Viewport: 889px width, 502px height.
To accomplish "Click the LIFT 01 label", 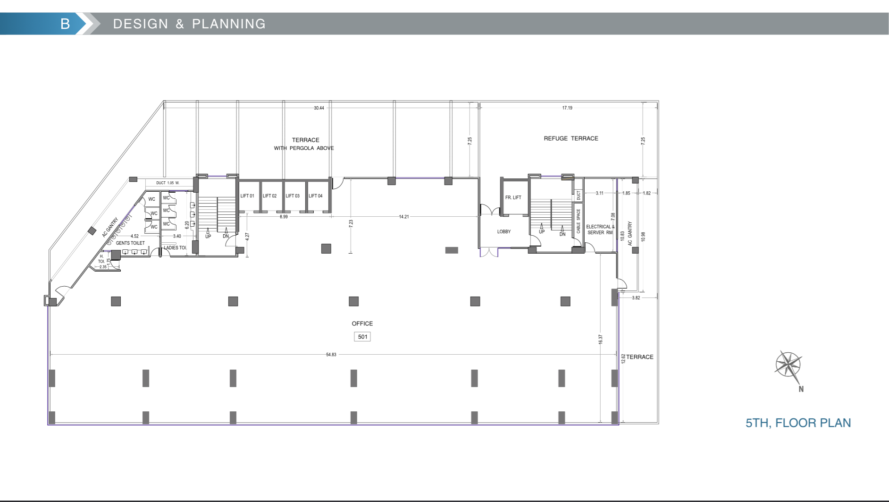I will click(x=247, y=196).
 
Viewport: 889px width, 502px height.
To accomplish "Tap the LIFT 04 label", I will click(x=316, y=196).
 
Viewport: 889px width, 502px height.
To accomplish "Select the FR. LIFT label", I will click(x=513, y=197).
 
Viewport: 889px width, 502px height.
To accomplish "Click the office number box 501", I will click(x=362, y=337).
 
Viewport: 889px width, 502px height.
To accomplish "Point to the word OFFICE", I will click(x=362, y=323).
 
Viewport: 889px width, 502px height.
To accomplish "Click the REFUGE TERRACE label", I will click(x=571, y=138).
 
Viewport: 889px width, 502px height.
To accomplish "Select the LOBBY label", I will click(x=504, y=231).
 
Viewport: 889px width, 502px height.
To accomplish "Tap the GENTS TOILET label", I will click(x=130, y=243).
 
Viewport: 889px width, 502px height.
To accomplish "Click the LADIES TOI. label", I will click(x=176, y=247).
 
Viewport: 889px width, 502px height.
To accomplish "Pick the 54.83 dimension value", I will click(x=331, y=355).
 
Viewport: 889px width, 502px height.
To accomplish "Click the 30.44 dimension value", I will click(x=319, y=108).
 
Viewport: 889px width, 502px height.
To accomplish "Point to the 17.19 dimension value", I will click(x=567, y=108).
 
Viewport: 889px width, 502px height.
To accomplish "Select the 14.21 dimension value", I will click(x=404, y=217).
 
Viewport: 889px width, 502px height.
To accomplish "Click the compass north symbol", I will click(x=788, y=365).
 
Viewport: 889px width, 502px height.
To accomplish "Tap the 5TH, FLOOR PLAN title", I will click(x=798, y=423).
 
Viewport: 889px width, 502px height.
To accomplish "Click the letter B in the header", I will click(x=65, y=24).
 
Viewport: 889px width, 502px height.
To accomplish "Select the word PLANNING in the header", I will click(x=229, y=24).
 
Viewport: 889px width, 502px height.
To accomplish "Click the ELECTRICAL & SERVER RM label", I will click(x=600, y=230).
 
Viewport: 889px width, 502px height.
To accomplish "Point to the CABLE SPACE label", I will click(x=579, y=221).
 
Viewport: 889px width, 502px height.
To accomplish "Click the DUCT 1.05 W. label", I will click(x=168, y=183).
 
